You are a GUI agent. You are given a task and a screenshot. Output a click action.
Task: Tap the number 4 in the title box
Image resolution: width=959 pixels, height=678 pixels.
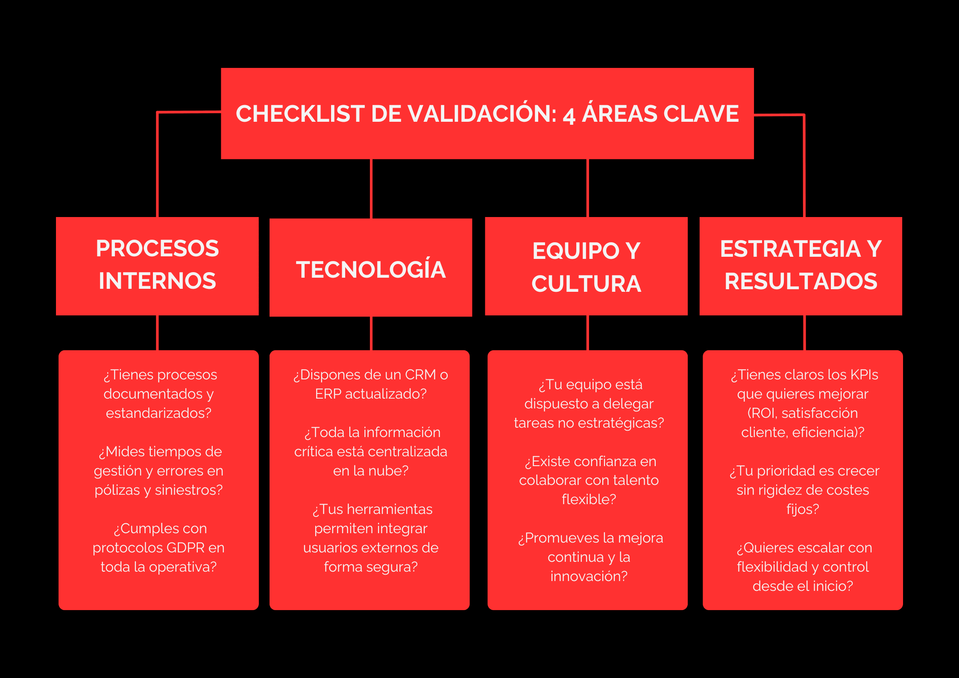coord(569,116)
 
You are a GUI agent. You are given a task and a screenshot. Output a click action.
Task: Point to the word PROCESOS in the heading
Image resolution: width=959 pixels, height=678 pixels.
coord(157,249)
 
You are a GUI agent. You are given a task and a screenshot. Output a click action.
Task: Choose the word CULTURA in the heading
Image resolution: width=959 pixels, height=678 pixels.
coord(587,284)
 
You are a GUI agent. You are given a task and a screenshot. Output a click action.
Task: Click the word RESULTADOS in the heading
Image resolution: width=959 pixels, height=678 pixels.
coord(801,282)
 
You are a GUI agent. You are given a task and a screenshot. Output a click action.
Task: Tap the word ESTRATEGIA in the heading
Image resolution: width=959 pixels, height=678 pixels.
coord(790,249)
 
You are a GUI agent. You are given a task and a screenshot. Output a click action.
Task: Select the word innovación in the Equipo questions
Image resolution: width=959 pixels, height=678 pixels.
coord(589,576)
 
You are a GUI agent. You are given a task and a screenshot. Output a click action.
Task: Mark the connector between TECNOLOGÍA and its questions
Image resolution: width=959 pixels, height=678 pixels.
coord(371,333)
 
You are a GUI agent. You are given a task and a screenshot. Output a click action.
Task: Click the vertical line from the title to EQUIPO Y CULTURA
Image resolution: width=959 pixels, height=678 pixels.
coord(588,188)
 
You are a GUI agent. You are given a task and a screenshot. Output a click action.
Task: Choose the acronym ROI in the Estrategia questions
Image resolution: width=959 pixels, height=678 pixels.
coord(763,413)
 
